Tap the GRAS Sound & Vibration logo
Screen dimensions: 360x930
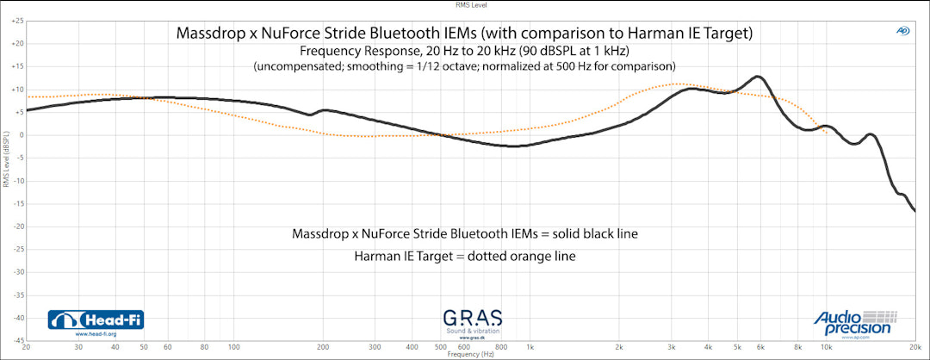472,321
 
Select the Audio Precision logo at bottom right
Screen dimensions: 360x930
856,321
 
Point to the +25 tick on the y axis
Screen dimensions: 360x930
17,21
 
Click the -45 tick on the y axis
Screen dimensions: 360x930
17,340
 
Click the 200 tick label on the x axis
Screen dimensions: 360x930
322,347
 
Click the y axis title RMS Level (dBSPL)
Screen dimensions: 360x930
5,159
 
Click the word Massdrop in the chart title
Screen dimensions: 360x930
210,34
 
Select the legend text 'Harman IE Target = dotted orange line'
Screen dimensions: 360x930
464,257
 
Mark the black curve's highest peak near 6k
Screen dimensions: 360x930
757,77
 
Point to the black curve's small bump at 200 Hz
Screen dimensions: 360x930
323,110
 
